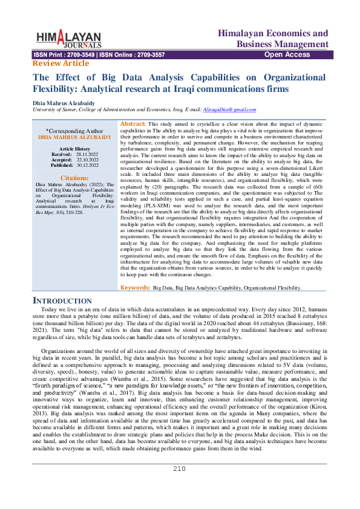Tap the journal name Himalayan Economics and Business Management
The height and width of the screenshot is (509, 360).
[273, 39]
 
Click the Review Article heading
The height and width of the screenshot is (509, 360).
[60, 63]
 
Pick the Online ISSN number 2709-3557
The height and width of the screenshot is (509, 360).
[149, 55]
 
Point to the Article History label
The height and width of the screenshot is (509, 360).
[74, 149]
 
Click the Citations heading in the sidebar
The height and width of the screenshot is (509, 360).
[75, 178]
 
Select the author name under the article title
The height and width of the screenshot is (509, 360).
[64, 103]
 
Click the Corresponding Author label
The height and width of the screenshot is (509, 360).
[74, 131]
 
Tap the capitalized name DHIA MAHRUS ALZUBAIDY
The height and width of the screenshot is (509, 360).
[74, 138]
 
